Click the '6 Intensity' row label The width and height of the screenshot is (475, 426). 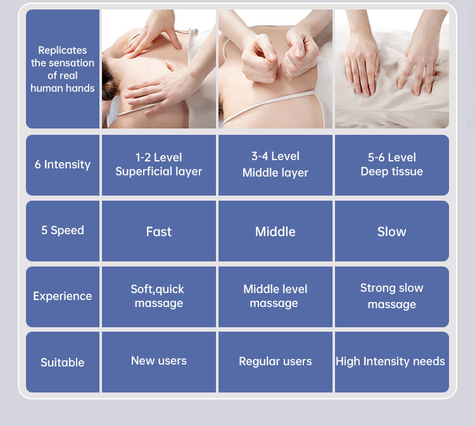(x=63, y=165)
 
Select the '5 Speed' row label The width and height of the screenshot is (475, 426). (x=63, y=230)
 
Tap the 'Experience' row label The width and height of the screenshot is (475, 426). (x=63, y=296)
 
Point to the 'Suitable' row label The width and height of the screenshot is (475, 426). (x=63, y=363)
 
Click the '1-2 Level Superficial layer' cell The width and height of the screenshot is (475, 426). (x=159, y=165)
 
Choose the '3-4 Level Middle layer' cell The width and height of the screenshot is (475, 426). (x=275, y=165)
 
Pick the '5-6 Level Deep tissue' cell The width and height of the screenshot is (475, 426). (x=391, y=165)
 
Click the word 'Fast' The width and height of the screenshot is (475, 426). (x=159, y=232)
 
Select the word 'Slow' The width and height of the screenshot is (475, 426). (x=391, y=232)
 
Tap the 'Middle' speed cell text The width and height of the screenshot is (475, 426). (x=275, y=232)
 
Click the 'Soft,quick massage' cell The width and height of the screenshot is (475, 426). (x=158, y=296)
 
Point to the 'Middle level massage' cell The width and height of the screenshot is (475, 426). (x=275, y=296)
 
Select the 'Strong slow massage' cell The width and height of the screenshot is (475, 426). (x=391, y=296)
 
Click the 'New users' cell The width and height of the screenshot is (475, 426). (x=159, y=361)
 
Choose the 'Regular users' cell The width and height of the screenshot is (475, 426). (x=275, y=361)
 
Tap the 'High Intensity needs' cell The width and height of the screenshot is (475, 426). (x=390, y=361)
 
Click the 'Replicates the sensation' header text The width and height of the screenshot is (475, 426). (x=63, y=56)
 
